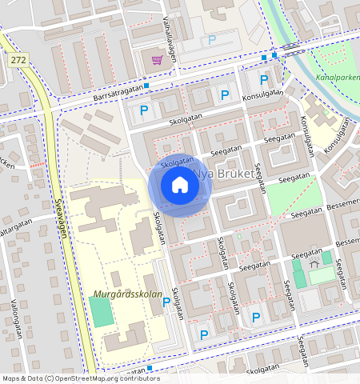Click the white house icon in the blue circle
point(180,186)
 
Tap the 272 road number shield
point(19,60)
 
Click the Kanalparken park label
point(339,78)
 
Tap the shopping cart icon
point(158,60)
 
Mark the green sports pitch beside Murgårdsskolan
point(101,310)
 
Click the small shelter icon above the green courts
point(314,259)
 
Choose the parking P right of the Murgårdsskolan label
point(166,302)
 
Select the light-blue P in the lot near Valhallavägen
point(212,39)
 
